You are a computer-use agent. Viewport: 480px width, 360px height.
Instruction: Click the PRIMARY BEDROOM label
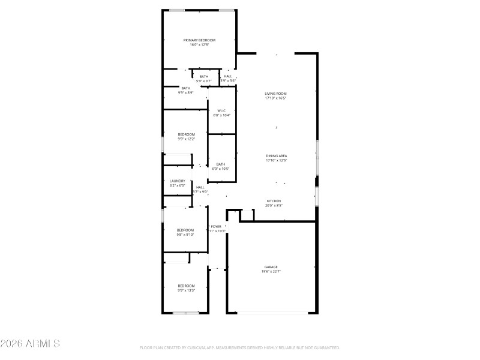199,40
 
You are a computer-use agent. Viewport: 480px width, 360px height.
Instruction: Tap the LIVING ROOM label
276,94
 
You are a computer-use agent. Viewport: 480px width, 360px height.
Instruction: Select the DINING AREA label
276,156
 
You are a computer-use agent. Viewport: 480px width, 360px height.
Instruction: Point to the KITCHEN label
274,201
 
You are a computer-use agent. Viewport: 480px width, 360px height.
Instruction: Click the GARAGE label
271,267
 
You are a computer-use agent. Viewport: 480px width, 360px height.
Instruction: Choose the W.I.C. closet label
221,110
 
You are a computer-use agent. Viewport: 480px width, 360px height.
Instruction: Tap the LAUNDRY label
177,181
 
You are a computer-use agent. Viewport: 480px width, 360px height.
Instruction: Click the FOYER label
216,226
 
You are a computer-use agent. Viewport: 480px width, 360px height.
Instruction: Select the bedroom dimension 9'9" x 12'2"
186,139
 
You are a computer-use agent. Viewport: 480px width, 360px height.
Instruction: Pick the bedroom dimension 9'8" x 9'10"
185,235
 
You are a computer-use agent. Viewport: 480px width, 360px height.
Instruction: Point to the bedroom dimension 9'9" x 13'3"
186,290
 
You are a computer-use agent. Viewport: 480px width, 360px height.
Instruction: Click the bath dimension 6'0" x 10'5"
221,169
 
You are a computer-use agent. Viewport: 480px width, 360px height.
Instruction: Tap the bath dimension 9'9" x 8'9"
185,92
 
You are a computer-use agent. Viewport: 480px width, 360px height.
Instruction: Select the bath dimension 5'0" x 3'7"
204,81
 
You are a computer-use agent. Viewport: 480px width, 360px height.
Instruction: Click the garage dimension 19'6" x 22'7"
271,272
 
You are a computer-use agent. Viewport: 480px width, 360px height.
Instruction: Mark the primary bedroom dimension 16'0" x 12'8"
199,44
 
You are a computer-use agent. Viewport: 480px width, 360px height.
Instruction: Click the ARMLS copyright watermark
30,344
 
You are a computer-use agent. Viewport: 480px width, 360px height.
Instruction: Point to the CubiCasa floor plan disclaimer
239,348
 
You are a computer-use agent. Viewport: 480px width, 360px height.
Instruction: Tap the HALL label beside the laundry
200,187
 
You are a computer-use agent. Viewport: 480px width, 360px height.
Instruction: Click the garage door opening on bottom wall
272,313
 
